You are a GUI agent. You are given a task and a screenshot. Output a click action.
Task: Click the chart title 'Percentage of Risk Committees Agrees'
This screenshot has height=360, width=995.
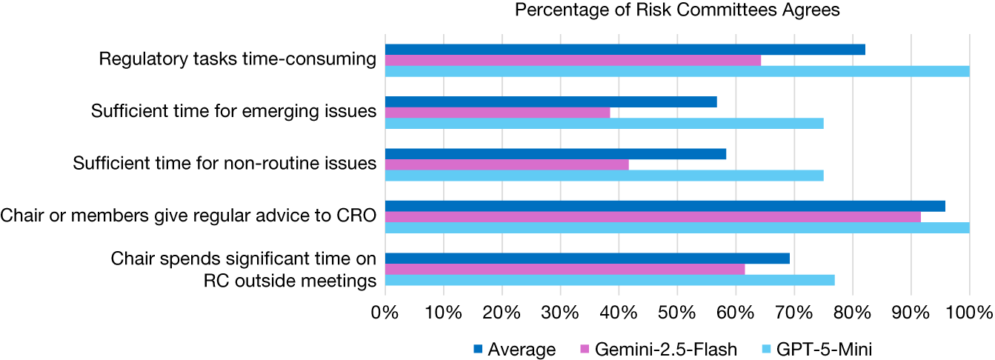(677, 10)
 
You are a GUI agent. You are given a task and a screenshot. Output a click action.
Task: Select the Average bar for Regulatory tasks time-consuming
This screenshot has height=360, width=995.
(625, 50)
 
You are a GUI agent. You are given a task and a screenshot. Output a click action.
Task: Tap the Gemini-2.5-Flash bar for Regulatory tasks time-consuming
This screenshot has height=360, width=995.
(573, 60)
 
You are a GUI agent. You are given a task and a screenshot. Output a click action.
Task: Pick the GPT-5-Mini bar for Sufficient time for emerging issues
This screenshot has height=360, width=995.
(604, 124)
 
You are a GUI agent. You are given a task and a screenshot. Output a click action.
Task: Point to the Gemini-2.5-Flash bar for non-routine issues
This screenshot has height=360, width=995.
(507, 164)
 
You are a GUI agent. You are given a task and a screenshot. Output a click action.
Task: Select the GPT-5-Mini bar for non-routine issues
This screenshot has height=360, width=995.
(604, 176)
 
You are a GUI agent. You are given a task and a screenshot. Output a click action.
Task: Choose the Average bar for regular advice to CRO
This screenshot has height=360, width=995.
(665, 207)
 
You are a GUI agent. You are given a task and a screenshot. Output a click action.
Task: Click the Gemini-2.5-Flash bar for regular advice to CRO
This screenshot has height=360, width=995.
(653, 217)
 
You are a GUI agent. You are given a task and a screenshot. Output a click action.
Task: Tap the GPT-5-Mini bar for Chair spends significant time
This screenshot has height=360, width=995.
(610, 280)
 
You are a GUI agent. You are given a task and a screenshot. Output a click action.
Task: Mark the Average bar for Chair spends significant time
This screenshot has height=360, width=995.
(588, 259)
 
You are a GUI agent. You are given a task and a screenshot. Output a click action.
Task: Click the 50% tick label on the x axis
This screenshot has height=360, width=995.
(677, 313)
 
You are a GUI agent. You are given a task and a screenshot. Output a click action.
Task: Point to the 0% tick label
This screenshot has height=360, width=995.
(385, 313)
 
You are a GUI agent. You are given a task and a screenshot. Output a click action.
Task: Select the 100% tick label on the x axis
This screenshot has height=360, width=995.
(969, 313)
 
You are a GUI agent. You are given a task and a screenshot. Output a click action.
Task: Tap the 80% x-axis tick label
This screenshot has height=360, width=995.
(853, 313)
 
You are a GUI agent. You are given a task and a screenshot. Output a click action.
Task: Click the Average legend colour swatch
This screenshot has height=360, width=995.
(478, 349)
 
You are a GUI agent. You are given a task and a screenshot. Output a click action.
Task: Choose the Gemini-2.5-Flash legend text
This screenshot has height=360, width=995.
(666, 350)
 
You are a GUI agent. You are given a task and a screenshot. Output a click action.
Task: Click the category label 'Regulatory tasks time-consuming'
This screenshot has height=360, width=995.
(238, 59)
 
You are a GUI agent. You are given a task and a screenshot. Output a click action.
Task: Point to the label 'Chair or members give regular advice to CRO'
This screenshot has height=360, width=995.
(188, 216)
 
